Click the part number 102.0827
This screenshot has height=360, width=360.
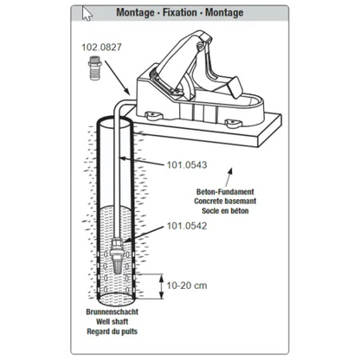click(x=101, y=48)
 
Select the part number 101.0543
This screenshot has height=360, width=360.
click(x=187, y=165)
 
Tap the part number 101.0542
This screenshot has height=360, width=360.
click(x=187, y=226)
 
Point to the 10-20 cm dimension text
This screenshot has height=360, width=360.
click(x=187, y=286)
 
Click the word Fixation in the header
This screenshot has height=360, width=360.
click(x=180, y=12)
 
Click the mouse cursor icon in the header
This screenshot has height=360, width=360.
click(x=87, y=14)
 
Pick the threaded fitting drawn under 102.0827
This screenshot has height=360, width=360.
click(x=94, y=68)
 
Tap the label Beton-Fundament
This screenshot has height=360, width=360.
click(x=225, y=192)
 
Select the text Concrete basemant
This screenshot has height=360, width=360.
click(x=225, y=201)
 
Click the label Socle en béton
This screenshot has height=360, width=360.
click(x=225, y=210)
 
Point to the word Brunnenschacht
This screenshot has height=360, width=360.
click(x=112, y=312)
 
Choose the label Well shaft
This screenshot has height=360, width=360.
click(x=112, y=322)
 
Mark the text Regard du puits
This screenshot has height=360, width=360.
click(x=112, y=331)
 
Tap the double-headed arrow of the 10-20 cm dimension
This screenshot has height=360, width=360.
click(x=162, y=286)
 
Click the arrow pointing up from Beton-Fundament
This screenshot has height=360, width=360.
click(x=228, y=177)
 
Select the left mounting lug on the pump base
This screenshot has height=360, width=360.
click(x=154, y=116)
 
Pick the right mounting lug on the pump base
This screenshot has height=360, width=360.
click(x=233, y=123)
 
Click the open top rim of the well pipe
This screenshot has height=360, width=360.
click(x=114, y=118)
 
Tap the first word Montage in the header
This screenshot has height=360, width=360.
click(x=135, y=13)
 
